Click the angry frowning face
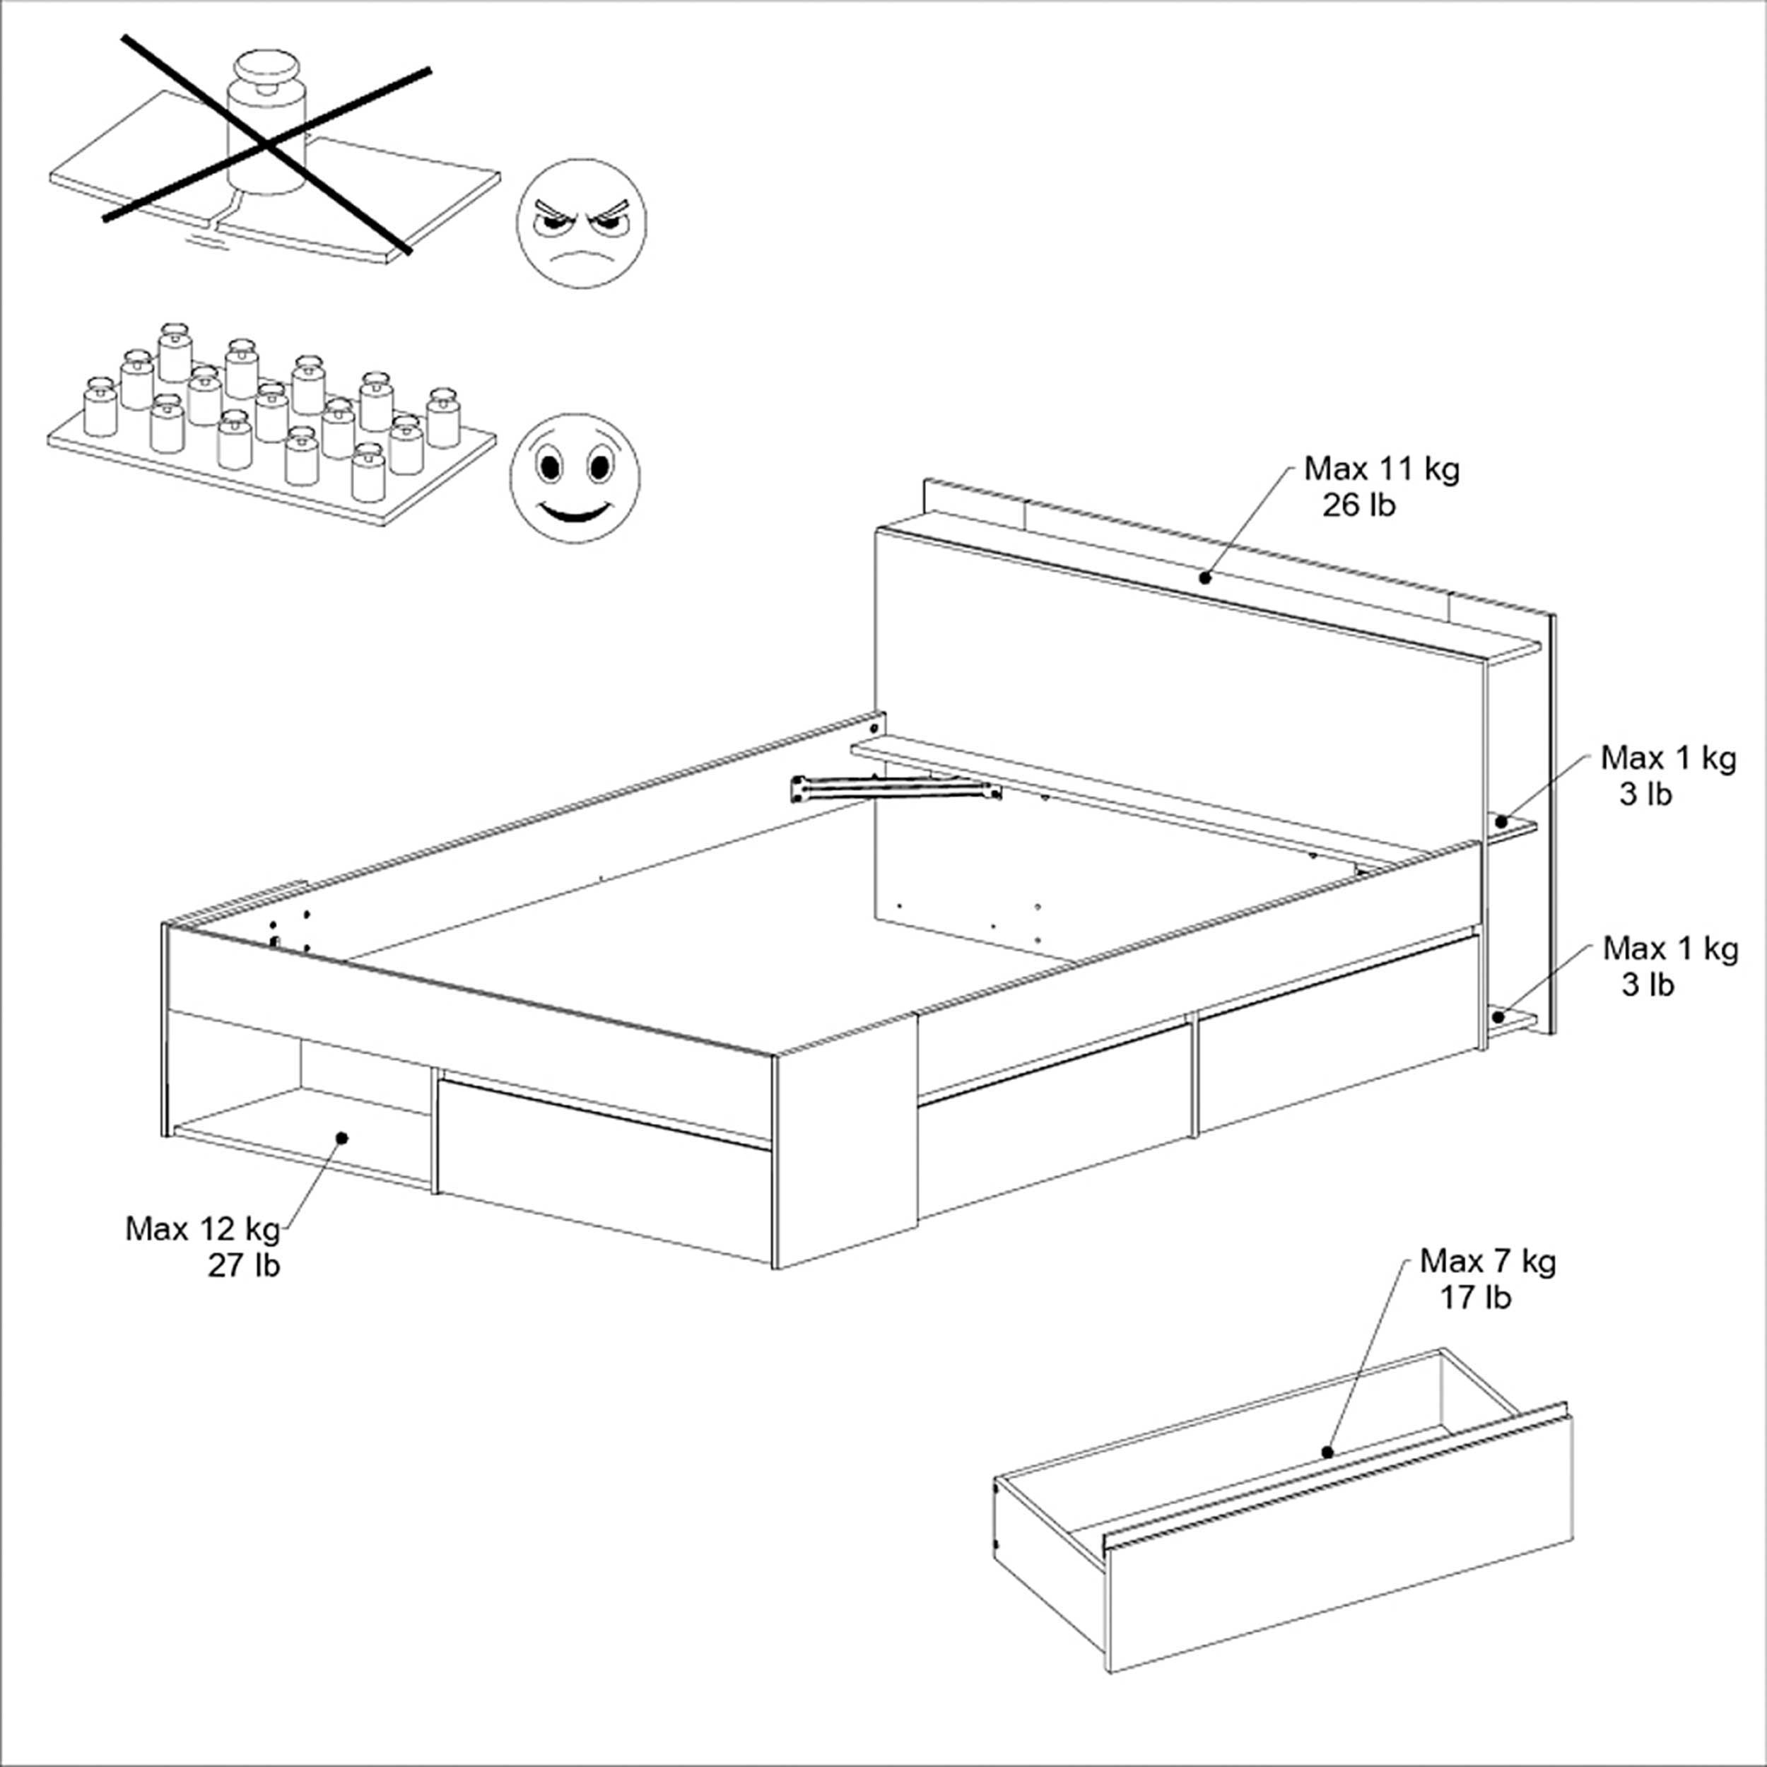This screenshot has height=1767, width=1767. (581, 224)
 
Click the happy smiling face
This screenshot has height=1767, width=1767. (575, 476)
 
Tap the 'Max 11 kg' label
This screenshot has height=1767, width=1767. (1382, 469)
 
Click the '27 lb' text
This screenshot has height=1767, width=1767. (243, 1266)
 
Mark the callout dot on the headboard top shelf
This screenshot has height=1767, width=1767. (1205, 577)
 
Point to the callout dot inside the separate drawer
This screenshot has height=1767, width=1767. (1327, 1452)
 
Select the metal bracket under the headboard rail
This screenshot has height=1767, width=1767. (896, 788)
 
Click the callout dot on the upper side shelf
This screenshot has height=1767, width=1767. (1501, 822)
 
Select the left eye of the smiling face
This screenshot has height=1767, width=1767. (550, 466)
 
